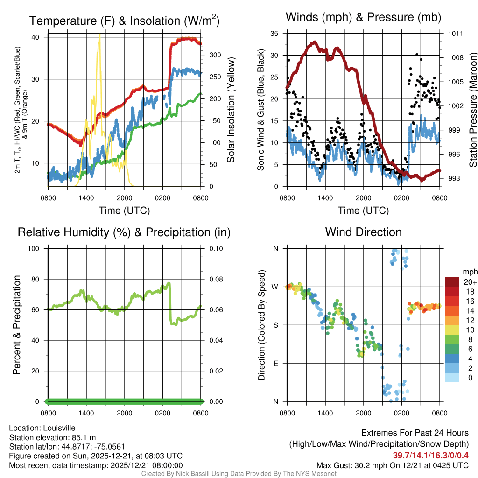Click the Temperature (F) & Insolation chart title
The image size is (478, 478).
pos(124,21)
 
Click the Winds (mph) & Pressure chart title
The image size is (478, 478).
pos(363,18)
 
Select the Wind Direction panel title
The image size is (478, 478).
pos(363,232)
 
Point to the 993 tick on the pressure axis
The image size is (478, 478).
pos(455,178)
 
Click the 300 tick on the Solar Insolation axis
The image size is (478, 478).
pos(214,55)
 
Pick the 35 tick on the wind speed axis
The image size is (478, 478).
pos(274,34)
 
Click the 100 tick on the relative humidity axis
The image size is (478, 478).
pos(37,249)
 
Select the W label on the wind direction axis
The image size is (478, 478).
pos(275,287)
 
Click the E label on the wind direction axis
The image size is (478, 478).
pos(275,363)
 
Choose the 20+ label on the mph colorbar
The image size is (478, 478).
pos(471,282)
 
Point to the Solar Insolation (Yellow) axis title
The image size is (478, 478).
pos(231,110)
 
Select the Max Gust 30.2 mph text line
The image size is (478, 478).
pos(393,465)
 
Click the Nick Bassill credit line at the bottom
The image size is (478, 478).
pos(239,474)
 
